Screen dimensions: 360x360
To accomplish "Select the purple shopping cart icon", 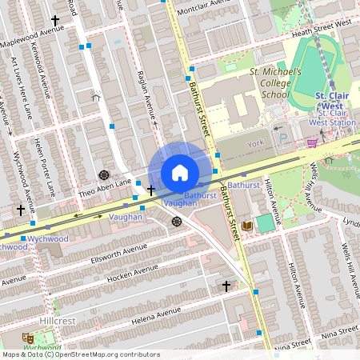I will click(x=312, y=142).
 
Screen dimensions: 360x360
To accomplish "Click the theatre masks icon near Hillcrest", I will click(x=26, y=338).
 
